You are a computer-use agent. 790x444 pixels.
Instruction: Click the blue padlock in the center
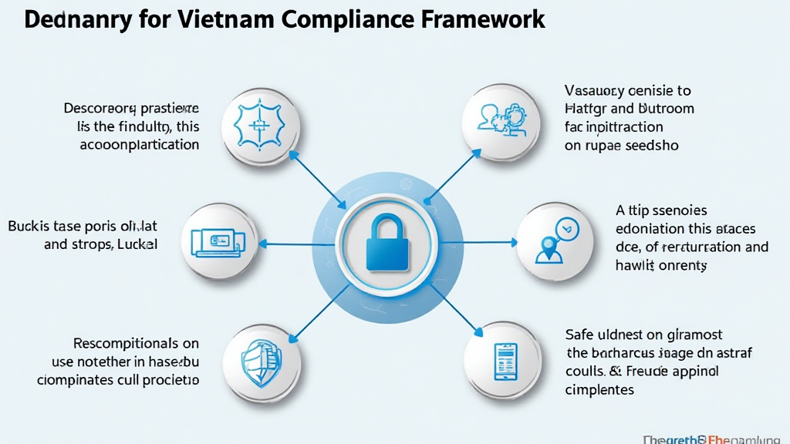coord(387,244)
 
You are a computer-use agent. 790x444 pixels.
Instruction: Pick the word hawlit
coord(634,265)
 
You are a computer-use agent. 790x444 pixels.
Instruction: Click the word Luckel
coord(138,245)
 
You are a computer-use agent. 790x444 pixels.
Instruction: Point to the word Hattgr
coord(586,109)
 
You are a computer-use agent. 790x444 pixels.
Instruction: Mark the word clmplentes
coord(599,389)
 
